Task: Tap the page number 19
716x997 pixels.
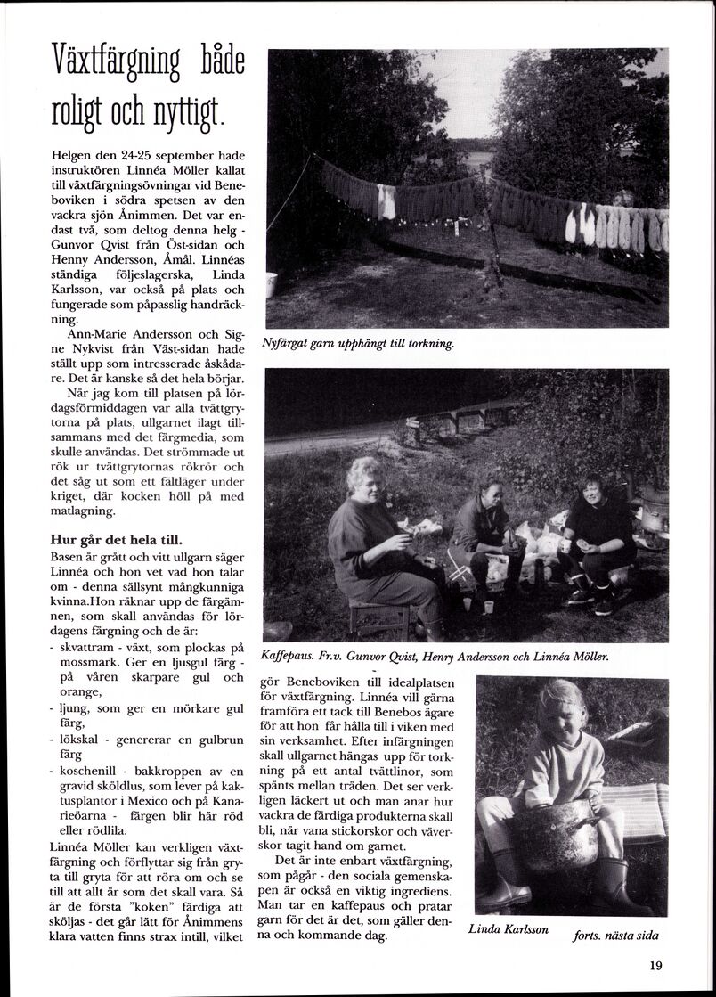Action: coord(656,964)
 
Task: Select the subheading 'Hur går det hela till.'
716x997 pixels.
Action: coord(117,540)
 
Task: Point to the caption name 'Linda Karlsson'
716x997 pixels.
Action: coord(509,929)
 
